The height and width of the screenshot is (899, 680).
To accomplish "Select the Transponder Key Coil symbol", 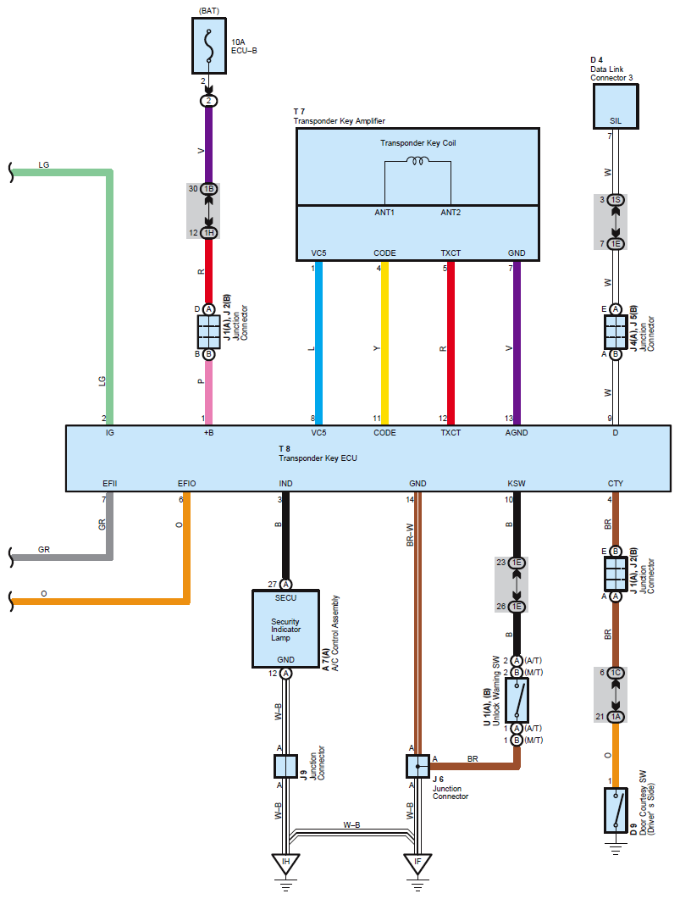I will [417, 160].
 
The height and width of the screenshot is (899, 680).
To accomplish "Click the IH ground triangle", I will [285, 863].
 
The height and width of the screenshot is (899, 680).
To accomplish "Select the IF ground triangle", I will [417, 863].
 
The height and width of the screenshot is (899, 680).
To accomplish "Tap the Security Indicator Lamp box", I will [285, 630].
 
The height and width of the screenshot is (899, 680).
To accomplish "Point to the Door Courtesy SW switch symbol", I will [615, 808].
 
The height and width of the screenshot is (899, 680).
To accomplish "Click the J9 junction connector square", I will [285, 766].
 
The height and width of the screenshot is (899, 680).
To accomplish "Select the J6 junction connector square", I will [417, 766].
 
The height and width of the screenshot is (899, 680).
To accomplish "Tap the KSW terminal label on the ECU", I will [517, 484].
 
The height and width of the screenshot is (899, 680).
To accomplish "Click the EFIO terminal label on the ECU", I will [187, 484].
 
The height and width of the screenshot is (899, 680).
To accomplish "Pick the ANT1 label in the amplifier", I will [384, 212].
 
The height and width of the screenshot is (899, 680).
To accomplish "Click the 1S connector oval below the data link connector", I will [616, 200].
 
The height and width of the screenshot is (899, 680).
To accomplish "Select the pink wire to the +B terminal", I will [208, 390].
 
